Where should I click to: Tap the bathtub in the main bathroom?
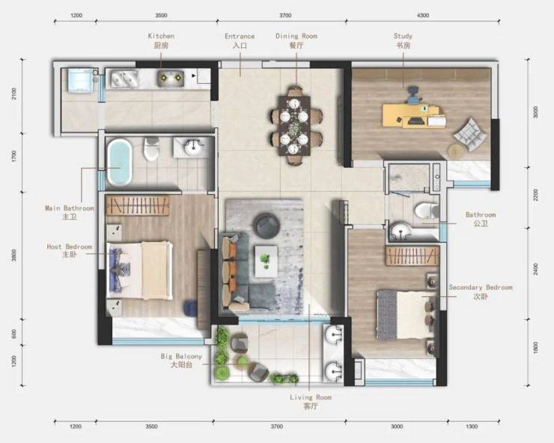click(120, 162)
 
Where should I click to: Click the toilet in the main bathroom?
click(151, 149)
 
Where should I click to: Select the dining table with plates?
click(295, 126)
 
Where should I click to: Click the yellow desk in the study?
click(413, 115)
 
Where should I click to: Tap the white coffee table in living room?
click(266, 262)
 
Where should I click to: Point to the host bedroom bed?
click(140, 271)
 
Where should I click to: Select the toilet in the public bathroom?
click(427, 210)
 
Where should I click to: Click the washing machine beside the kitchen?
click(82, 81)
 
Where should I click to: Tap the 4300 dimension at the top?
click(423, 15)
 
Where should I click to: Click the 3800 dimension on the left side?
click(13, 255)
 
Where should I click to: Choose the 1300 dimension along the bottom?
click(472, 427)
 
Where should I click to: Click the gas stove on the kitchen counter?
click(124, 79)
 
